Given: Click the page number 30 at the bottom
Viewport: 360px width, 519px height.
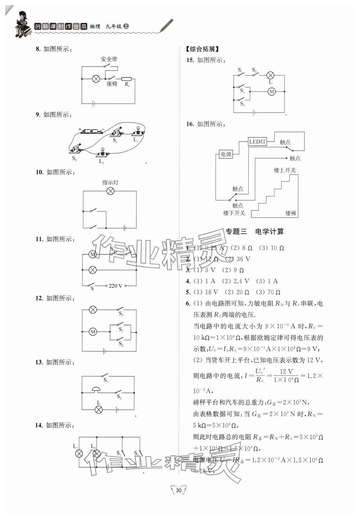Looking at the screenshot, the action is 179,490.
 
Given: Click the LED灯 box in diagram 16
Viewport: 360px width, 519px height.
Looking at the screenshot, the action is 257,141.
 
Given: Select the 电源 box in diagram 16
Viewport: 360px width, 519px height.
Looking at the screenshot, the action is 226,154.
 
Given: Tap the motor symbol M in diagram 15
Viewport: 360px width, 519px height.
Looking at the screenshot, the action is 271,92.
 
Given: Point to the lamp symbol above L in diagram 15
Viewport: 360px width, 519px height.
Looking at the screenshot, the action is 270,75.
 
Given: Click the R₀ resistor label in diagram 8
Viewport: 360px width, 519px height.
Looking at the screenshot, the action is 127,84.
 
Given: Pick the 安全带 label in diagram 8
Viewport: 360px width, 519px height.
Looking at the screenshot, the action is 109,59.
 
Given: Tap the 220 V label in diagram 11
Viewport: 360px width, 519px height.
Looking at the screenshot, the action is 115,286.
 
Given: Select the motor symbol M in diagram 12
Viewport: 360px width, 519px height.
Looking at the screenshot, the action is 93,332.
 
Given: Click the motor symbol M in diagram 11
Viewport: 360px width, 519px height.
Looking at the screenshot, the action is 92,254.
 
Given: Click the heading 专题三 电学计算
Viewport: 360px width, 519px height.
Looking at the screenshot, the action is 255,232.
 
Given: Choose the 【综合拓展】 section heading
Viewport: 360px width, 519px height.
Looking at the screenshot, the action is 202,49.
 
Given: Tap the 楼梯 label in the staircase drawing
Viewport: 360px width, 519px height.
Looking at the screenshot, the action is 291,213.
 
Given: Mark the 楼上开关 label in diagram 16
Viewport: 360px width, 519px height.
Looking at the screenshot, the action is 285,170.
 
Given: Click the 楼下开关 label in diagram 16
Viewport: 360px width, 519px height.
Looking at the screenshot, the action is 234,213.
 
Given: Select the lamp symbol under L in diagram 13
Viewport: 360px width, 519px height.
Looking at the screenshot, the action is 98,410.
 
